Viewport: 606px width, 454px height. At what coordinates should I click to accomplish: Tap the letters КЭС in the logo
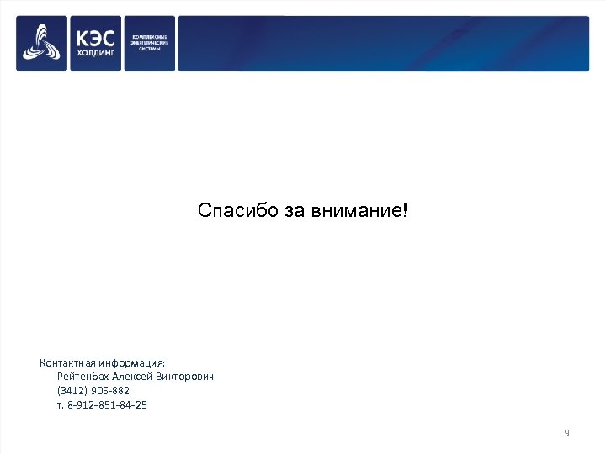96,38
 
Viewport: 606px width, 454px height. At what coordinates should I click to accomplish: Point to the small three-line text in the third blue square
150,43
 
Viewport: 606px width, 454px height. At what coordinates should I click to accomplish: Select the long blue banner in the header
383,43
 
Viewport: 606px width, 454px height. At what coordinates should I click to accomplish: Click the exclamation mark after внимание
405,209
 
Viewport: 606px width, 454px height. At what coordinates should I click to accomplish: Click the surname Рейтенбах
83,377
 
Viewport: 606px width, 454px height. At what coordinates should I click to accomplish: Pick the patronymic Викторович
184,377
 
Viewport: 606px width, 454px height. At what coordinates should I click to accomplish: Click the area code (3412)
71,391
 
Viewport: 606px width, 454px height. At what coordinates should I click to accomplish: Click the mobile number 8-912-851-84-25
107,405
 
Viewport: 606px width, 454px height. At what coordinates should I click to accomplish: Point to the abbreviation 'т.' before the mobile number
60,405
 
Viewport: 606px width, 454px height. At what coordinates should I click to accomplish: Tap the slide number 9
566,433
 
